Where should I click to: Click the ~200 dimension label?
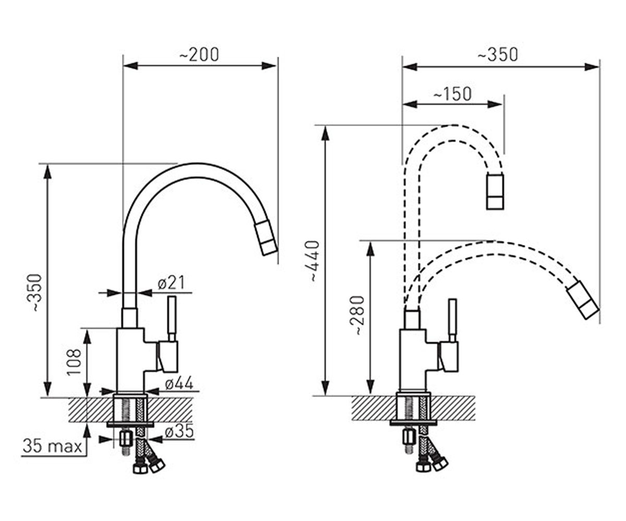coord(199,55)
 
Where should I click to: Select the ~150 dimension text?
coord(452,94)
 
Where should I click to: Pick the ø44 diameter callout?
coord(179,383)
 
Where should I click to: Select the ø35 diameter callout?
coord(179,431)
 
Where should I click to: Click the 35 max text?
coord(52,446)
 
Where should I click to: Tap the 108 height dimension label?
coord(74,362)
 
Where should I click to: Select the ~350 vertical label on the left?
coord(37,292)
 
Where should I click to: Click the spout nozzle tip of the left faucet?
coord(266,238)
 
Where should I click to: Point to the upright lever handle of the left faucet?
coord(172,318)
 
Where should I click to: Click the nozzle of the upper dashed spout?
coord(495,192)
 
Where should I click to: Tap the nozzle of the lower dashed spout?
coord(583,300)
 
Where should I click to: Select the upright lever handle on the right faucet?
coord(452,320)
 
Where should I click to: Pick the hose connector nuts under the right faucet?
coord(432,464)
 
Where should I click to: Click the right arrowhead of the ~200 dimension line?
coord(269,66)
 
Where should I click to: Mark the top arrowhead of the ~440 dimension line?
coord(326,133)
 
